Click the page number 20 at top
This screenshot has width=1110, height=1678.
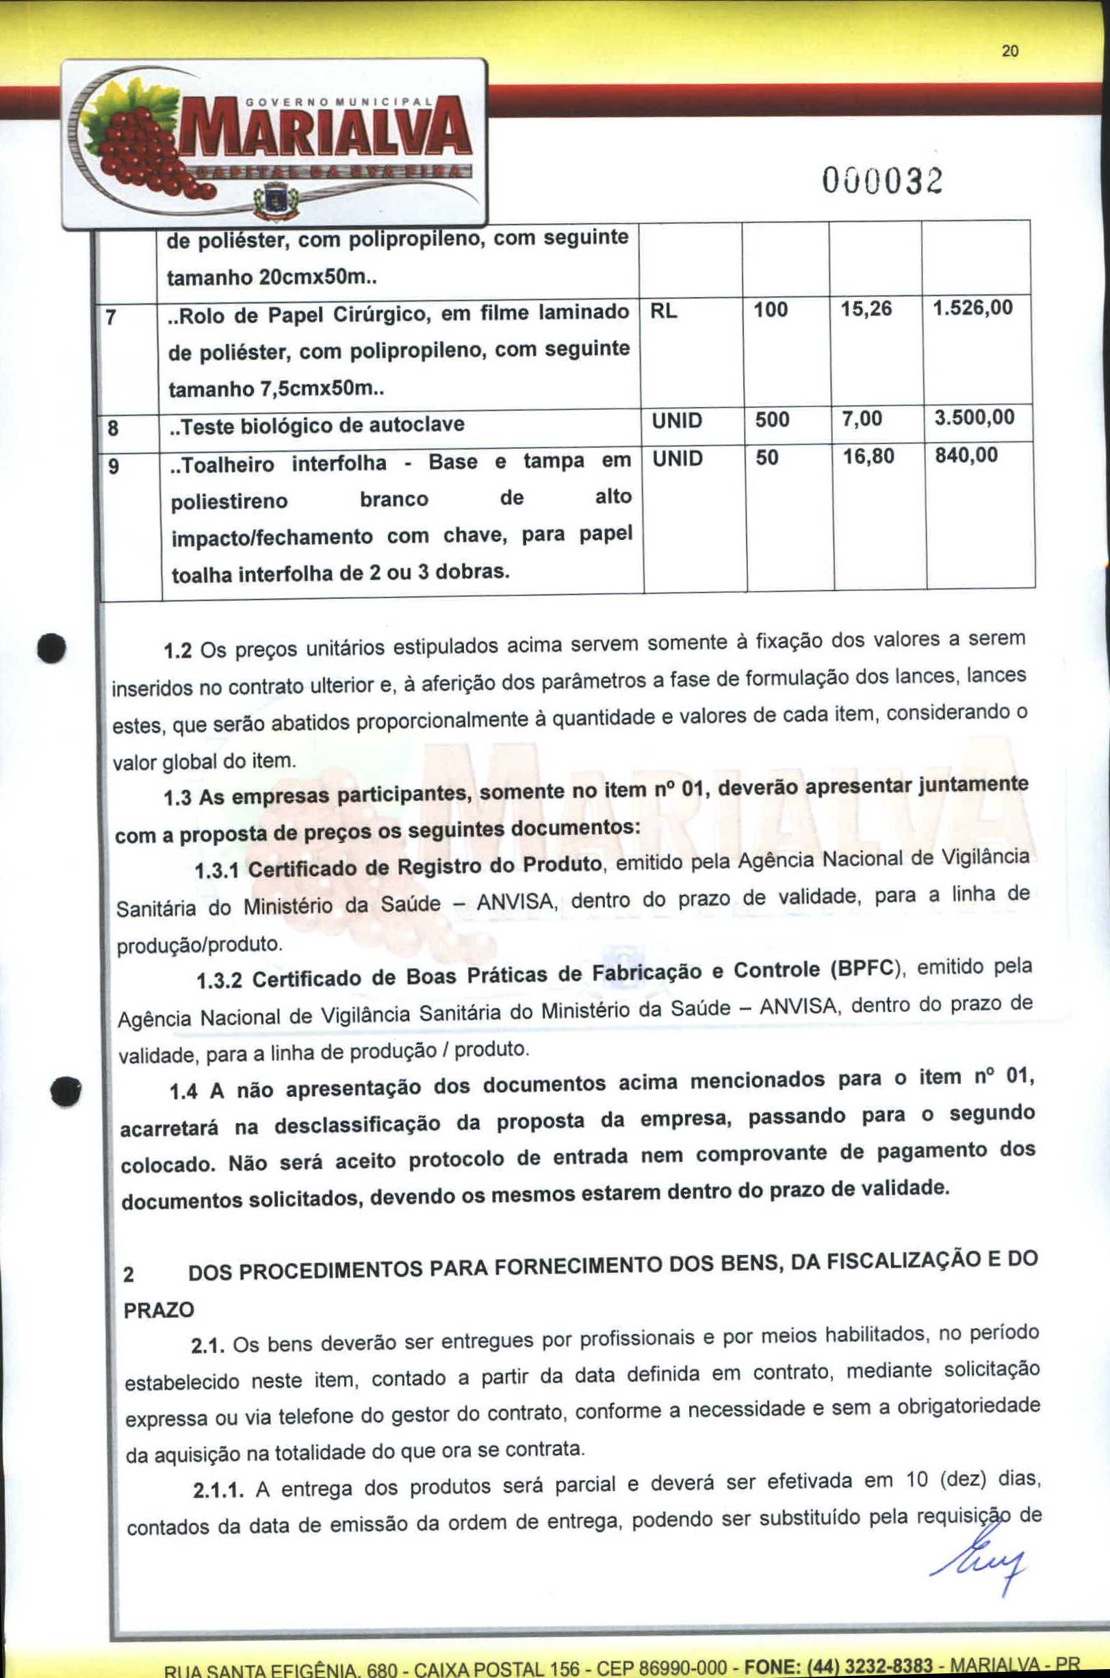click(1010, 51)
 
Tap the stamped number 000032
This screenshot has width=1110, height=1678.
click(882, 182)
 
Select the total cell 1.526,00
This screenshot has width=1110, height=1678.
click(972, 308)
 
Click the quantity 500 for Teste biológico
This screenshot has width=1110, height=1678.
click(772, 419)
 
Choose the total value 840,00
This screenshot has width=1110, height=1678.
click(966, 455)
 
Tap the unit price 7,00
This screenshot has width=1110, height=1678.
click(862, 419)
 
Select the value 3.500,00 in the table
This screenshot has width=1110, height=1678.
click(973, 417)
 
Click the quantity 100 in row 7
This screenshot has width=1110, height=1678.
click(770, 310)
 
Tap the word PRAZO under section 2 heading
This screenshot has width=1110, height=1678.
click(159, 1311)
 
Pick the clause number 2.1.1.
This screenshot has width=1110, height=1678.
click(218, 1492)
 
